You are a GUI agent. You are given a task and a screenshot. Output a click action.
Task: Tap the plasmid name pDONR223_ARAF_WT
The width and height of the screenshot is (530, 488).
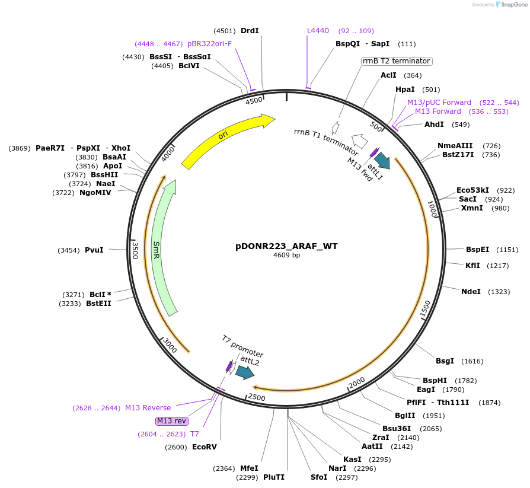point(286,246)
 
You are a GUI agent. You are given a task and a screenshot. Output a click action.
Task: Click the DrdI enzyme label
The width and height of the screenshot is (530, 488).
point(250,31)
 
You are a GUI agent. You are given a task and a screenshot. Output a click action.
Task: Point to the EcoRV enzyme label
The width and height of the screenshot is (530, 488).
point(204,447)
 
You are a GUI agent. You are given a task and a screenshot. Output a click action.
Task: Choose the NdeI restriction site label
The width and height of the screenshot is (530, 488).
point(471,291)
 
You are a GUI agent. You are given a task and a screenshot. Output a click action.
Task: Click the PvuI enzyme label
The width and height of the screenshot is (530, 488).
point(94,250)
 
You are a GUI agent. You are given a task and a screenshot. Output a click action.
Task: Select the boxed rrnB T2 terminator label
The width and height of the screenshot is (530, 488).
point(396,61)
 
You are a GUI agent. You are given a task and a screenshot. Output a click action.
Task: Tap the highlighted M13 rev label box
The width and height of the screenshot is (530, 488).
point(171,420)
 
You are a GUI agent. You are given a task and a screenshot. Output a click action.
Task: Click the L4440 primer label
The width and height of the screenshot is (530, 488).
point(318,31)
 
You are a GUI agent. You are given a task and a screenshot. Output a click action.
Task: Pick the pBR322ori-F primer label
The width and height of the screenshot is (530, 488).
point(209,44)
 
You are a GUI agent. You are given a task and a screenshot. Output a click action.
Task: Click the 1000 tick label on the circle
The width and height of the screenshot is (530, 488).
point(432,209)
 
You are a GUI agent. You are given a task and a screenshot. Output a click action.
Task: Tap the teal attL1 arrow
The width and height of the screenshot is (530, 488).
point(382,160)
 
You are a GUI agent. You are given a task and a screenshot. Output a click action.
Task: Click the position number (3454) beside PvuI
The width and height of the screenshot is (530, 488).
point(69,250)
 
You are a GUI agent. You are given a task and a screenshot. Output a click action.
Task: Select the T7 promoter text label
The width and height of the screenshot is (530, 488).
point(242,345)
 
